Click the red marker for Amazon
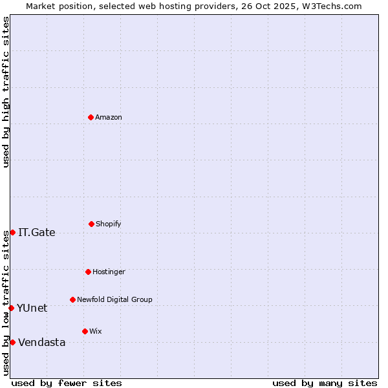pos(91,117)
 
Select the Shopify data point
pos(91,224)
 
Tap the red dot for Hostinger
pos(88,272)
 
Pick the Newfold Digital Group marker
pos(72,299)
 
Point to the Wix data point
pos(85,331)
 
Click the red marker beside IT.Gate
pos(12,232)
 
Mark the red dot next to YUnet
pos(11,308)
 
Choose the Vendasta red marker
pos(12,342)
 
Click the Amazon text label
pos(109,118)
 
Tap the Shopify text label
pos(109,224)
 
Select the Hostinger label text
pos(109,272)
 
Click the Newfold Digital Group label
pos(114,300)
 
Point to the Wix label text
pos(96,332)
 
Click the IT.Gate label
pos(37,233)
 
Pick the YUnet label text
pos(32,308)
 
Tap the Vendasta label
pos(42,343)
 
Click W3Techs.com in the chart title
pos(330,6)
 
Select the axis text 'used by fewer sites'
pos(67,383)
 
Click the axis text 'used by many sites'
pos(325,383)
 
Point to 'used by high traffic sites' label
pos(6,92)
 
